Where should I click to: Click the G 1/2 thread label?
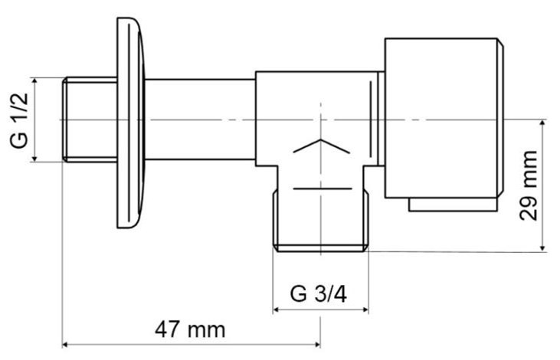[x=19, y=119]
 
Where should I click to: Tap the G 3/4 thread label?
[x=318, y=294]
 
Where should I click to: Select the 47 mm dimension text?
[x=190, y=329]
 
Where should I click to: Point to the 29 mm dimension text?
[x=529, y=185]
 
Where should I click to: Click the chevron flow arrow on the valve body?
[x=321, y=146]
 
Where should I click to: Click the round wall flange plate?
[x=131, y=123]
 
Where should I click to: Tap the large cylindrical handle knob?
[x=444, y=118]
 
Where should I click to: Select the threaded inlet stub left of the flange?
[x=90, y=119]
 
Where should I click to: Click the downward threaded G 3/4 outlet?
[x=320, y=221]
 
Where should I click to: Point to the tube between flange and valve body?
[x=200, y=119]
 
